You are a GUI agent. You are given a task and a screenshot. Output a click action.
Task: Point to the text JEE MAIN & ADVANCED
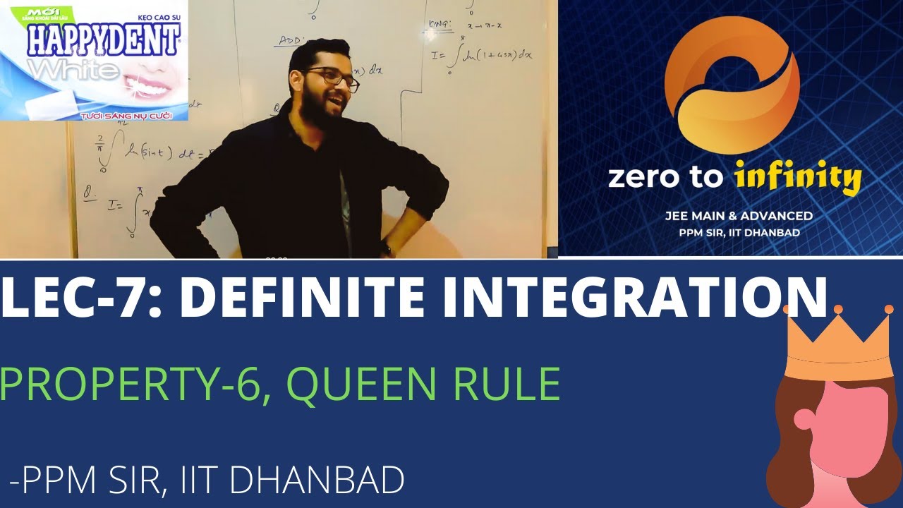coord(734,216)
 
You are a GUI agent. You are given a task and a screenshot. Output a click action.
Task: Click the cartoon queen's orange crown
coord(838,346)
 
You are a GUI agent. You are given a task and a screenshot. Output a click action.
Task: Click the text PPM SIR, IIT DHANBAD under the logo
coord(734,232)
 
